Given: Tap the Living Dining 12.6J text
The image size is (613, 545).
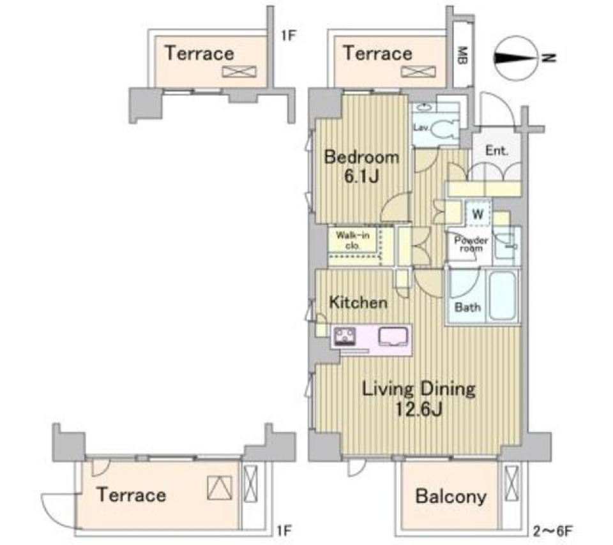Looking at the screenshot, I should pyautogui.click(x=418, y=398).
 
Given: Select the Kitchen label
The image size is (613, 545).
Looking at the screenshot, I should pyautogui.click(x=358, y=302).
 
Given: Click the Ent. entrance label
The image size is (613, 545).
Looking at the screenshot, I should pyautogui.click(x=497, y=151).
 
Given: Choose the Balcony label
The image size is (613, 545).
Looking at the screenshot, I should pyautogui.click(x=450, y=496).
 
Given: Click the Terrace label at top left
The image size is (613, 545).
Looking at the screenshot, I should pyautogui.click(x=199, y=53).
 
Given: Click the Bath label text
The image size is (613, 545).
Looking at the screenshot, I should pyautogui.click(x=467, y=307).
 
